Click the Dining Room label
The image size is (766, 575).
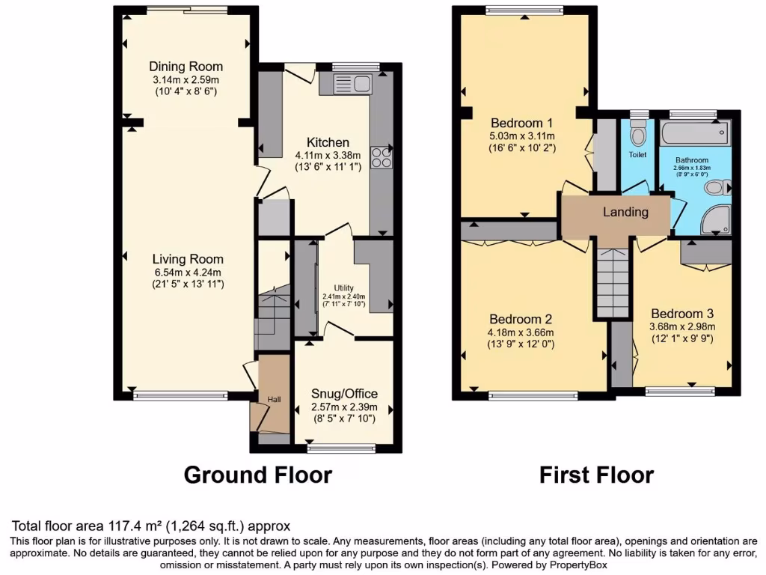(186, 67)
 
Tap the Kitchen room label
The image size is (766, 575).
(328, 142)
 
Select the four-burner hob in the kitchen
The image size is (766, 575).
(380, 158)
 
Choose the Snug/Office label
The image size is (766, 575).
(344, 394)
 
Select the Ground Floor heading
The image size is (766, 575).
(257, 475)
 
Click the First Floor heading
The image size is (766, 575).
(597, 475)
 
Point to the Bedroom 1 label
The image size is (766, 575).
(521, 124)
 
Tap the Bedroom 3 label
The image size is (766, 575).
(682, 313)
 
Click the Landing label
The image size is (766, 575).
(625, 212)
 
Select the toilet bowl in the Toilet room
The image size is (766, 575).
(638, 135)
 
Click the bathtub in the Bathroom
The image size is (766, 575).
(693, 134)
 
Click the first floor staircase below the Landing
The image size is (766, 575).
(613, 285)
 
